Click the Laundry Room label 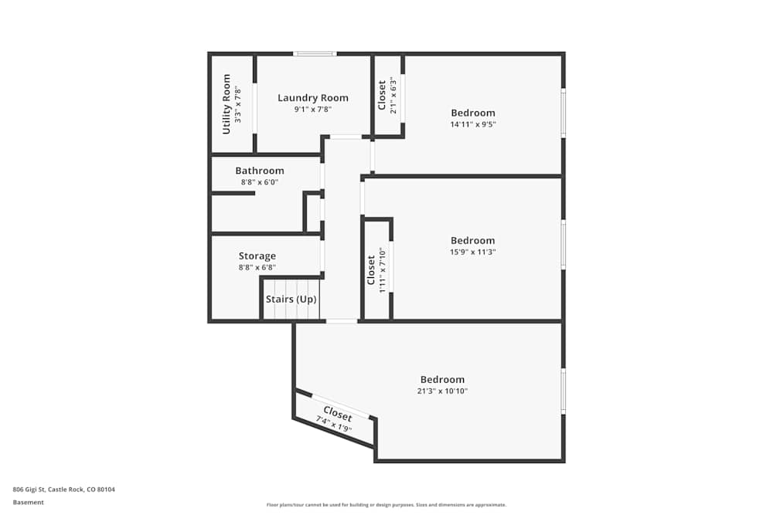tap(313, 98)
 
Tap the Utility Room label tap(226, 103)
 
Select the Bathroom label tap(260, 171)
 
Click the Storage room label tap(257, 256)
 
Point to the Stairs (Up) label tap(291, 300)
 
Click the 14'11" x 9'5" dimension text tap(473, 124)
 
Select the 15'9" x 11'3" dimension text tap(473, 252)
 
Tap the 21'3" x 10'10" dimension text tap(443, 391)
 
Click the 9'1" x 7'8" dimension tap(312, 110)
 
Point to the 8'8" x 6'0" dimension tap(260, 182)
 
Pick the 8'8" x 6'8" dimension tap(257, 267)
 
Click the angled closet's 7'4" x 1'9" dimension tap(333, 424)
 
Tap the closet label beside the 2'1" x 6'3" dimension tap(381, 96)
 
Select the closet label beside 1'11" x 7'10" tap(371, 270)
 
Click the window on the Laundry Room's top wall tap(315, 54)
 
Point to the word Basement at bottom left tap(29, 502)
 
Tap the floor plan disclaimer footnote tap(386, 505)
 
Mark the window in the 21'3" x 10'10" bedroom tap(563, 391)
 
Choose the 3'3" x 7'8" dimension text tap(238, 103)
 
